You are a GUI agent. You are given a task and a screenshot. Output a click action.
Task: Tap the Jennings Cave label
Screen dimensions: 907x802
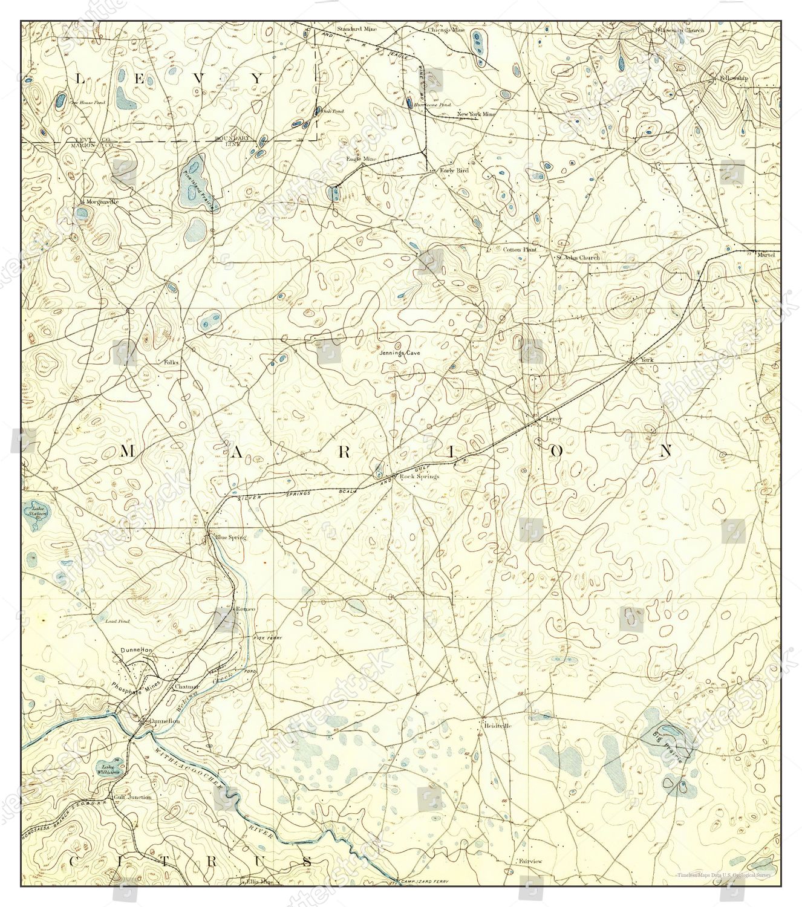[399, 353]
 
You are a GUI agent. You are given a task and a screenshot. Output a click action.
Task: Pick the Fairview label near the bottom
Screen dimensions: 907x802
[530, 860]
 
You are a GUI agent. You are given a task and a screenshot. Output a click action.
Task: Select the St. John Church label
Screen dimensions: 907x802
[578, 258]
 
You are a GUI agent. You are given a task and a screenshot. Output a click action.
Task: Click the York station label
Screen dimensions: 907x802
[647, 360]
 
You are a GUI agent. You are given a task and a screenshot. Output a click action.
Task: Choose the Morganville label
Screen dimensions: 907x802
[100, 201]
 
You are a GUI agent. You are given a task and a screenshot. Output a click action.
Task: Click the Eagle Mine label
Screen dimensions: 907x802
[361, 159]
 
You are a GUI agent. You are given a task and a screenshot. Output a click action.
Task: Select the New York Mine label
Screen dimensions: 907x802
[476, 114]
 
